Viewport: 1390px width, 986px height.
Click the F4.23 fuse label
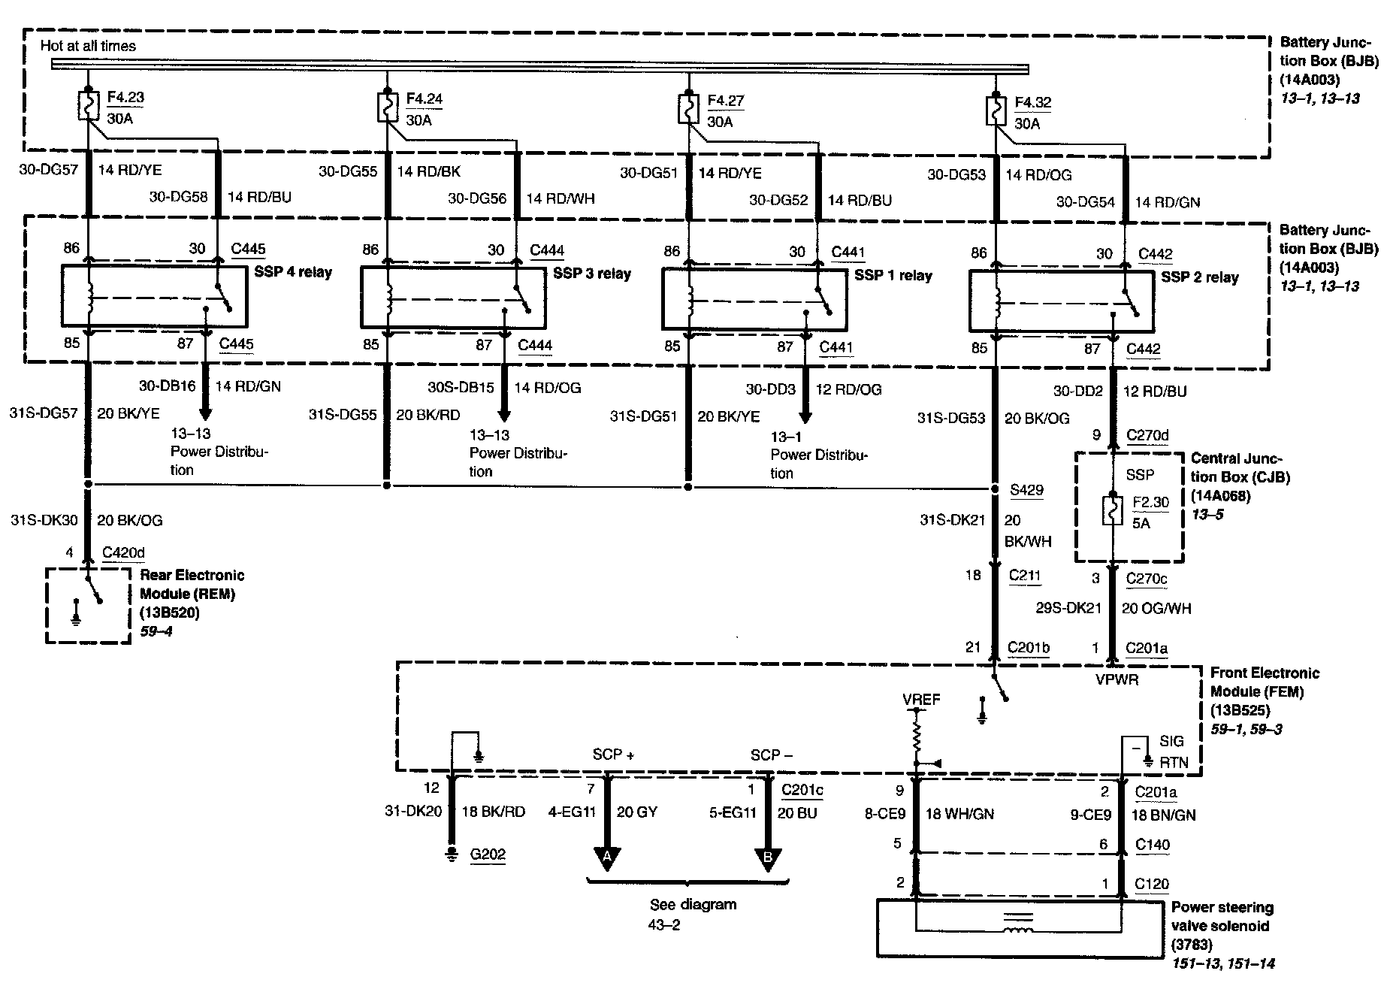pos(125,97)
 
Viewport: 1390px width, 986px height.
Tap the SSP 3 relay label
pos(592,274)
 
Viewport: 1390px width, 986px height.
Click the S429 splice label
pos(1026,490)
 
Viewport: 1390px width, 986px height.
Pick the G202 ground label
pos(488,854)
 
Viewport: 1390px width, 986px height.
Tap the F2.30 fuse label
pos(1150,502)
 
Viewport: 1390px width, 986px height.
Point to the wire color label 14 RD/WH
pos(561,198)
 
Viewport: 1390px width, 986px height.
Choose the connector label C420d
pos(123,553)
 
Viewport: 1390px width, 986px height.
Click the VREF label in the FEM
pos(921,700)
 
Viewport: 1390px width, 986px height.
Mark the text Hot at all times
pos(89,46)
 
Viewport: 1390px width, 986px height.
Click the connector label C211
pos(1025,576)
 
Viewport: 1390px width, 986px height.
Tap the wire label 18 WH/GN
pos(959,814)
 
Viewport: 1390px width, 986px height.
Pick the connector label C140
pos(1152,845)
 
